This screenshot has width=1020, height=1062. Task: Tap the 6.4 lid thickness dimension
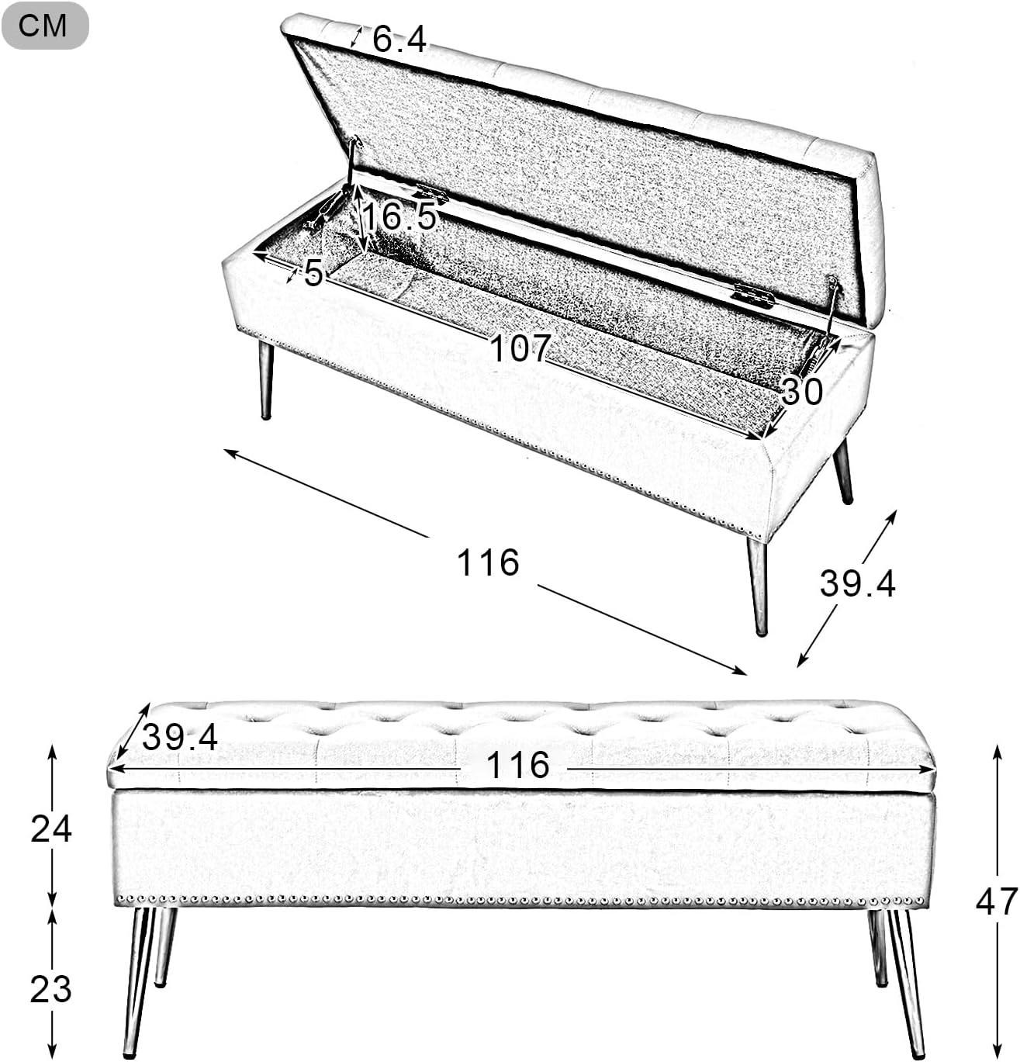coord(399,40)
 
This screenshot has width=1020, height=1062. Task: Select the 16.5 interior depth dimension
coord(399,216)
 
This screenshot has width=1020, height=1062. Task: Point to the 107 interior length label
coord(520,348)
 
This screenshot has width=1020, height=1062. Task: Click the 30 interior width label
coord(801,391)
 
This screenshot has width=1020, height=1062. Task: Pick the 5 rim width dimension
coord(313,272)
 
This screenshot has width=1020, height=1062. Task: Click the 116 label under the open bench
coord(488,563)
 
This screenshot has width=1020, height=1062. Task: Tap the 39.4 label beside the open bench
coord(857,584)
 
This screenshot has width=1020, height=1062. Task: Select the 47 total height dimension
coord(997,901)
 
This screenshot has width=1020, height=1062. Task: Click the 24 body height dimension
coord(51,829)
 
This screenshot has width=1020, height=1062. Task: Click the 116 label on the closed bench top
coord(517,765)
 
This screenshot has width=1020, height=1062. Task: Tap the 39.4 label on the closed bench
coord(180,737)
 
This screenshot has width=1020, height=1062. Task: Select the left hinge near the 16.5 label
coord(431,192)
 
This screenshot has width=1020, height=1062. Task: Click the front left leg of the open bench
coord(266,380)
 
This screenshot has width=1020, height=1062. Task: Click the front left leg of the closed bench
coord(138,982)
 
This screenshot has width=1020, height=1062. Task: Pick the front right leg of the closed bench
coord(907,982)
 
